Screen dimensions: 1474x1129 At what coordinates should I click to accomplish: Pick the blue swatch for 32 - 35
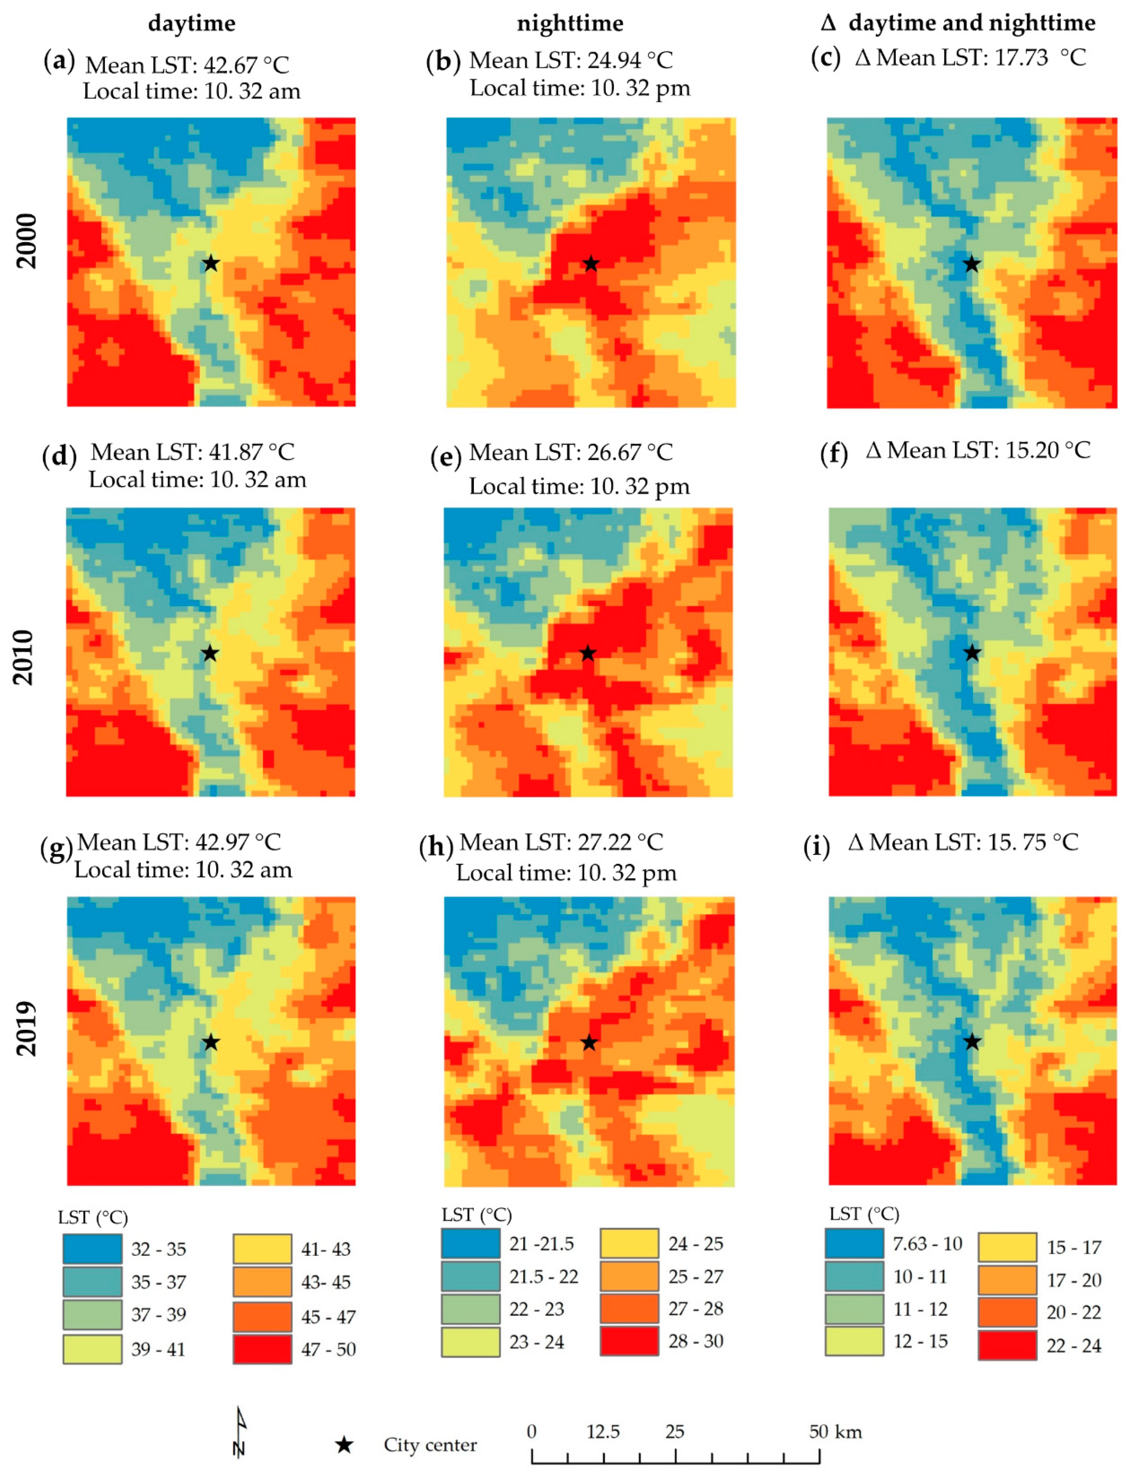[93, 1248]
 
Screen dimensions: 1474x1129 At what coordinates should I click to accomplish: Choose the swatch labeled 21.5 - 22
[471, 1276]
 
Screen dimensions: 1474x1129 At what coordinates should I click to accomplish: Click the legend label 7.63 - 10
[928, 1244]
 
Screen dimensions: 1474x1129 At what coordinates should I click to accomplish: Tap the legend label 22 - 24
[1073, 1346]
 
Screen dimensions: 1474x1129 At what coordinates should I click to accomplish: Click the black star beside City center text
[344, 1444]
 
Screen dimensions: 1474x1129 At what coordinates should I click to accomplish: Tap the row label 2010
[24, 657]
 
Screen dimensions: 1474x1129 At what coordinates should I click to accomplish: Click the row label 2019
[26, 1028]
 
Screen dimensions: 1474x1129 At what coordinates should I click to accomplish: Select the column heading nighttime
[570, 23]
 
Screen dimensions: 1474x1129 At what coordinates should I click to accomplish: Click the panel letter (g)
[56, 849]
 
